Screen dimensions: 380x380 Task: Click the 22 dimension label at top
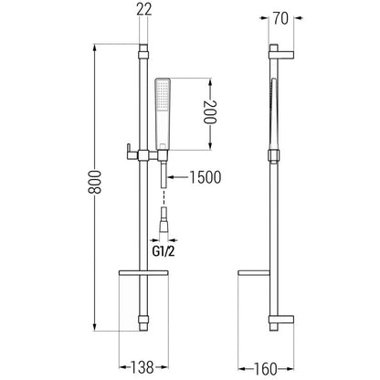(x=143, y=10)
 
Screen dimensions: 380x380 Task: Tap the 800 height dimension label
(x=94, y=182)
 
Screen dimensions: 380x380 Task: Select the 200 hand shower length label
(x=210, y=111)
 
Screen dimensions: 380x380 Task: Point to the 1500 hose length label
(x=206, y=177)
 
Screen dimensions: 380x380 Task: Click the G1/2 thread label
(x=164, y=251)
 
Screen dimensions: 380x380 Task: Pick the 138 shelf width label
(x=142, y=367)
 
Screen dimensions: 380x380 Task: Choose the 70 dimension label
(x=280, y=18)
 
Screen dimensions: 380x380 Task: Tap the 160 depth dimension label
(x=266, y=369)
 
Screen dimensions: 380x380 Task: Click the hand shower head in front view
(x=163, y=114)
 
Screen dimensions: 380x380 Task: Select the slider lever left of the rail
(x=132, y=152)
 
